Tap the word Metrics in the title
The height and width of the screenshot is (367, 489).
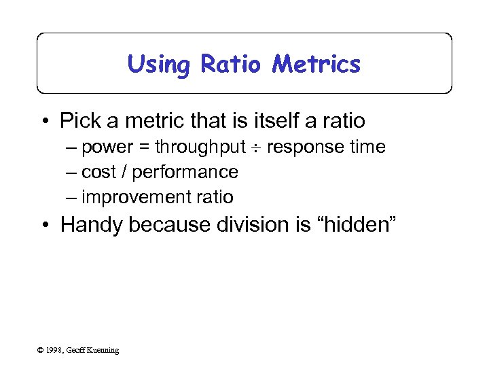click(x=316, y=65)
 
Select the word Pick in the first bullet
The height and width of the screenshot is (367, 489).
click(x=79, y=121)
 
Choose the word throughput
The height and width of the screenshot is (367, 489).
click(x=199, y=147)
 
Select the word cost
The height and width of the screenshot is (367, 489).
click(x=98, y=172)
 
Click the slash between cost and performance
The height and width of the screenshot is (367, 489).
click(x=124, y=172)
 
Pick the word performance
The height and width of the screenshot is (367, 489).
click(x=185, y=172)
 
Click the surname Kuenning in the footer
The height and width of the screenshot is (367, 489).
click(x=102, y=350)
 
